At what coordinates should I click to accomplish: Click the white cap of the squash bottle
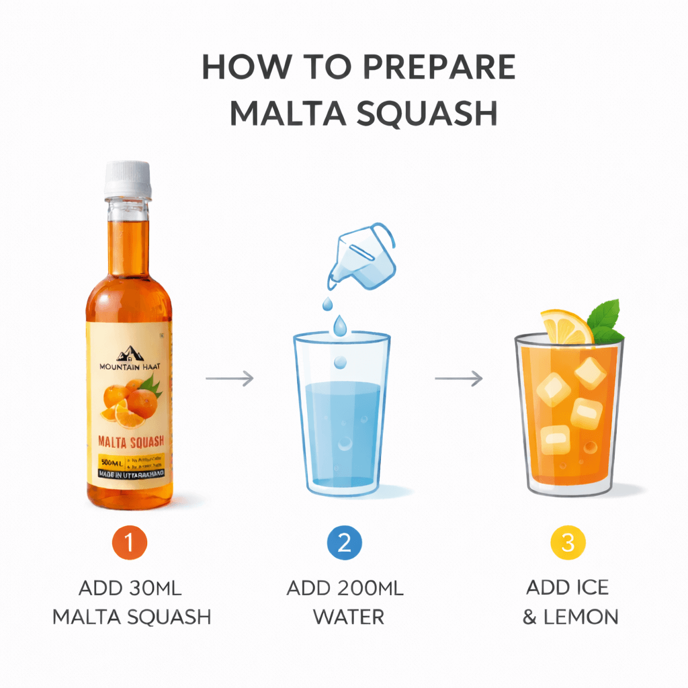(x=127, y=178)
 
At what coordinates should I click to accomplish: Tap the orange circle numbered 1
(x=128, y=542)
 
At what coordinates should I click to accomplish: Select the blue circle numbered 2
(x=344, y=542)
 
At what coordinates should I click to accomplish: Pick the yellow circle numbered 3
(x=568, y=542)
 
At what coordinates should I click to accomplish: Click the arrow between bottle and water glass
(x=230, y=379)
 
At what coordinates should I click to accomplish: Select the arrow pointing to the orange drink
(x=458, y=379)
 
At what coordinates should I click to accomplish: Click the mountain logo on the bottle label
(x=128, y=353)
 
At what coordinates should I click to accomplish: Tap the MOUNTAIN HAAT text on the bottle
(x=129, y=367)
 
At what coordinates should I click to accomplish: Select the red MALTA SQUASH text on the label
(x=129, y=442)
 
